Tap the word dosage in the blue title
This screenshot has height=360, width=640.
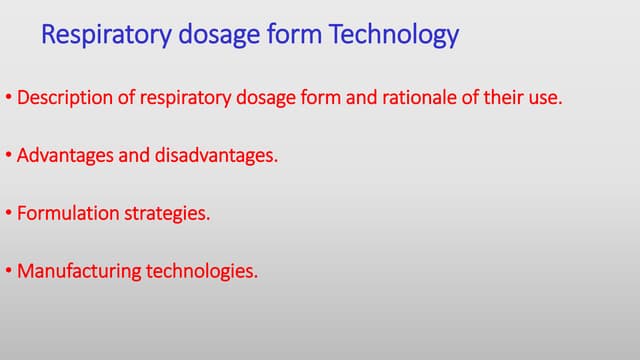tap(211, 36)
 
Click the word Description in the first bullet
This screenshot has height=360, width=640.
tap(62, 100)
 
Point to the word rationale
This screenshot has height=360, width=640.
tap(411, 100)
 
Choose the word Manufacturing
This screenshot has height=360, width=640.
tap(79, 271)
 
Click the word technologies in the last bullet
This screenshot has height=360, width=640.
tap(202, 271)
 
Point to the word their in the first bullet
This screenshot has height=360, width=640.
tap(502, 100)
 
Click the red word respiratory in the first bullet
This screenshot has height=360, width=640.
tap(174, 100)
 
